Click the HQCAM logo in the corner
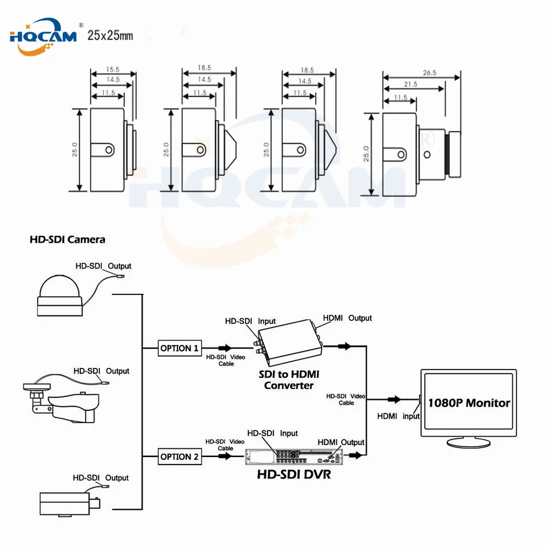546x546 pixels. pos(44,37)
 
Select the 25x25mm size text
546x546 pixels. pos(110,35)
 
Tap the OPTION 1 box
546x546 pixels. pos(180,348)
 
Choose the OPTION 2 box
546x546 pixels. pos(180,456)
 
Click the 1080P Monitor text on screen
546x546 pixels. pos(468,403)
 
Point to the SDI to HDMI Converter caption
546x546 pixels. pos(289,380)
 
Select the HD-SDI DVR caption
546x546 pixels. pos(294,474)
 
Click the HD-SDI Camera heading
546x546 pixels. pos(67,240)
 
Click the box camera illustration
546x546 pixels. pos(70,503)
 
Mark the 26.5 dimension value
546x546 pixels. pos(430,73)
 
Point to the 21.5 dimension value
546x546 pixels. pos(411,84)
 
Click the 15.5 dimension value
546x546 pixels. pos(112,69)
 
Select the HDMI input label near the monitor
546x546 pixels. pos(399,416)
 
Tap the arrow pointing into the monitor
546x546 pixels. pos(395,400)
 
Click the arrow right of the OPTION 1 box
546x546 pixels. pos(225,347)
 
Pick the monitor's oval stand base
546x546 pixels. pos(468,443)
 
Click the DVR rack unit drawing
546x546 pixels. pos(294,456)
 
